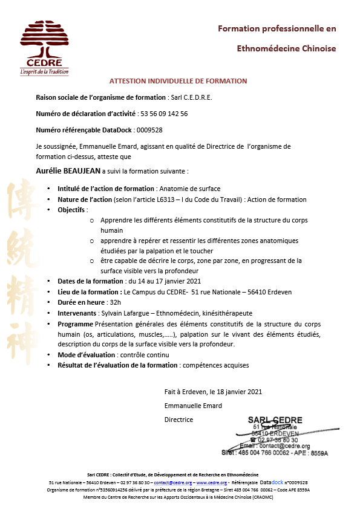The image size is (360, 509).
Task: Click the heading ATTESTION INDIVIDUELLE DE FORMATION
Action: pyautogui.click(x=178, y=81)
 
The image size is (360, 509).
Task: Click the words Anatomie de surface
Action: pyautogui.click(x=189, y=189)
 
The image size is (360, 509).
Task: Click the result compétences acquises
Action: pyautogui.click(x=215, y=365)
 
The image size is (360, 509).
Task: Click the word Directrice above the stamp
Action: pyautogui.click(x=178, y=420)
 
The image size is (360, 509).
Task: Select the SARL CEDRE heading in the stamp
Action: pyautogui.click(x=275, y=421)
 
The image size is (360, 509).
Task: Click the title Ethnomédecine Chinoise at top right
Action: pyautogui.click(x=286, y=48)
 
